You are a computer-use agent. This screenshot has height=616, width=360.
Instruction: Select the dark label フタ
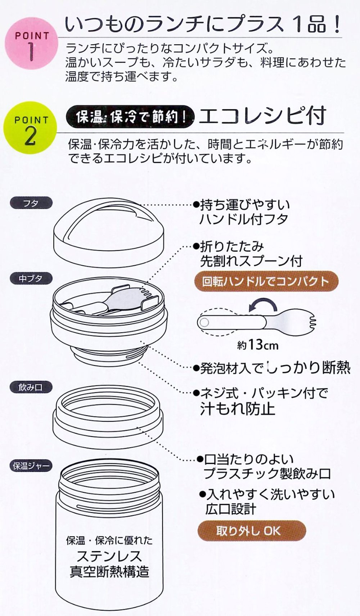pyautogui.click(x=31, y=203)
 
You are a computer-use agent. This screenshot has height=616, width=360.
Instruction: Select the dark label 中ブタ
pyautogui.click(x=31, y=278)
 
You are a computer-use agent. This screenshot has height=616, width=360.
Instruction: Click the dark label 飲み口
pyautogui.click(x=31, y=388)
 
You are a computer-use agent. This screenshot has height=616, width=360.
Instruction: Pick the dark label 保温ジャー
pyautogui.click(x=31, y=466)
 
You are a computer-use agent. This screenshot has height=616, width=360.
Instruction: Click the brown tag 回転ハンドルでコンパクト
pyautogui.click(x=266, y=281)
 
